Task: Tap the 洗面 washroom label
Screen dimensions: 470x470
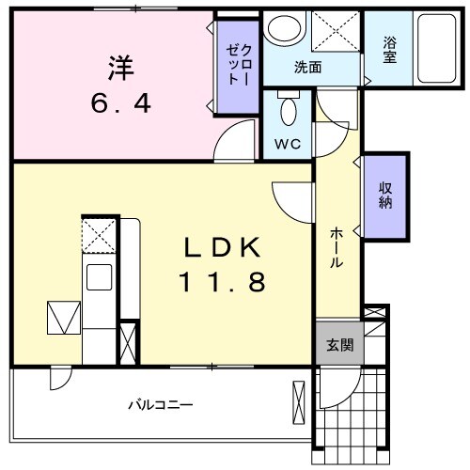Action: coord(308,68)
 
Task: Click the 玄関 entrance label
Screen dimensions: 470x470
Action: coord(339,345)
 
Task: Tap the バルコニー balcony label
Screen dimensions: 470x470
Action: coord(161,405)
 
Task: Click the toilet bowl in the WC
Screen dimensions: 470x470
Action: coord(289,113)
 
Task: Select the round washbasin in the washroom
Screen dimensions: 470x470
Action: coord(281,30)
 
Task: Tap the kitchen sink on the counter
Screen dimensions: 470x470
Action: coord(99,277)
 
